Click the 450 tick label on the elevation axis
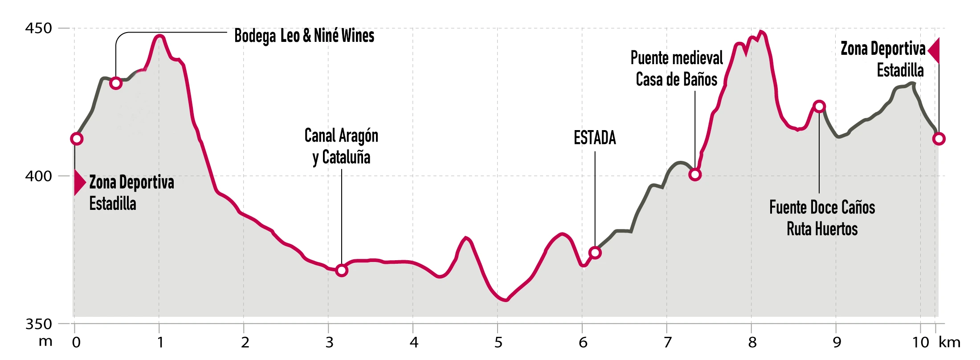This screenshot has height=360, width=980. (38, 28)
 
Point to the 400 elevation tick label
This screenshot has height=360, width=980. (38, 176)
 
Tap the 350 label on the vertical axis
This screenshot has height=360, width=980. (38, 324)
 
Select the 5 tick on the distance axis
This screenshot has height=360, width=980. (498, 342)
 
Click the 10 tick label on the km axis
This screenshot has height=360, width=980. (920, 342)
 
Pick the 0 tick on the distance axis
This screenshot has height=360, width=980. (76, 342)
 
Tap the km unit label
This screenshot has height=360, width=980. (949, 342)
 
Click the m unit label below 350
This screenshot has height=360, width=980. (45, 342)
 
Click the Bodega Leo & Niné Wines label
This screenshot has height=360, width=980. (304, 36)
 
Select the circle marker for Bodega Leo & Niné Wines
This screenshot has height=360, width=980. (116, 83)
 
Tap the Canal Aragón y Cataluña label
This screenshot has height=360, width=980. (341, 146)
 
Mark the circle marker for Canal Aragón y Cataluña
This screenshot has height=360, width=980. (342, 270)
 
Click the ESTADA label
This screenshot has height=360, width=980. (595, 138)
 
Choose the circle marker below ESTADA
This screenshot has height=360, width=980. (595, 253)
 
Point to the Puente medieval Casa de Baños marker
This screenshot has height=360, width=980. (695, 174)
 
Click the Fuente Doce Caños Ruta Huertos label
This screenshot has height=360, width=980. (822, 218)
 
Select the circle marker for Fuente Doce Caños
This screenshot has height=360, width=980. (819, 106)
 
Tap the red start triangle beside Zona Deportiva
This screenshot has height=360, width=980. (79, 182)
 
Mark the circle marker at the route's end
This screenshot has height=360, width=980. (939, 139)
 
